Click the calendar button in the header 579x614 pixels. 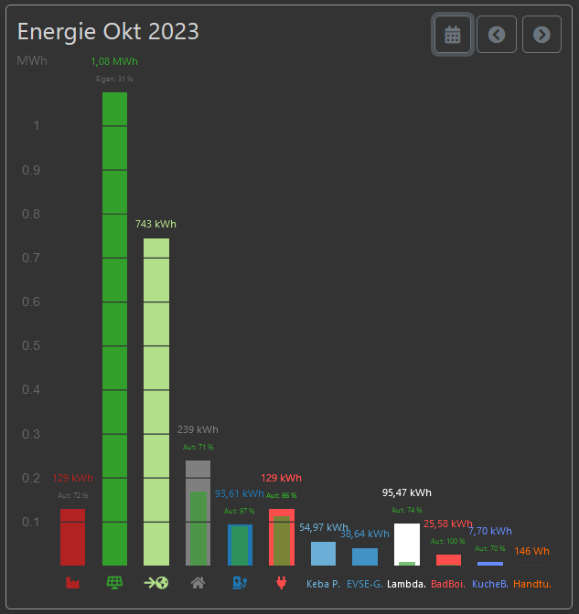(453, 35)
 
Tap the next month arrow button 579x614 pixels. (541, 35)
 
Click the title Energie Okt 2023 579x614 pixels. (108, 32)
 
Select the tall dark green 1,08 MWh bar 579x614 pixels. (114, 329)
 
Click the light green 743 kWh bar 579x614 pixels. (156, 402)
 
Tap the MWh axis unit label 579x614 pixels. (32, 61)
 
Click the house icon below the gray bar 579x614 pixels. (198, 582)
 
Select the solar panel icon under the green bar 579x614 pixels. (114, 582)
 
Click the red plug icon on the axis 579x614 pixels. (281, 582)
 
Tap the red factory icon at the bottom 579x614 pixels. (72, 582)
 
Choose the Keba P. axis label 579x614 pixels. (323, 583)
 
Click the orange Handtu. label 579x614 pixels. (532, 583)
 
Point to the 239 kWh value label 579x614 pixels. (198, 429)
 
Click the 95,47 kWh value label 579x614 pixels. (407, 492)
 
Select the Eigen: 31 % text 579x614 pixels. (114, 79)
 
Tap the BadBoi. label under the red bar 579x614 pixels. (448, 583)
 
